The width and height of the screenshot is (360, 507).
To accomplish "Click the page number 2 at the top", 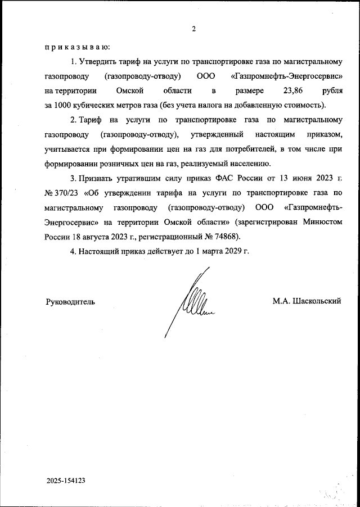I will tap(193, 29).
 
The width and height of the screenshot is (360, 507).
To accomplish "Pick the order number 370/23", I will tap(65, 193).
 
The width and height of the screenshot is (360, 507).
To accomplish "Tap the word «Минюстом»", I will tap(322, 222).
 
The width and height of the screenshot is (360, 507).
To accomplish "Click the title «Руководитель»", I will tap(70, 301).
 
